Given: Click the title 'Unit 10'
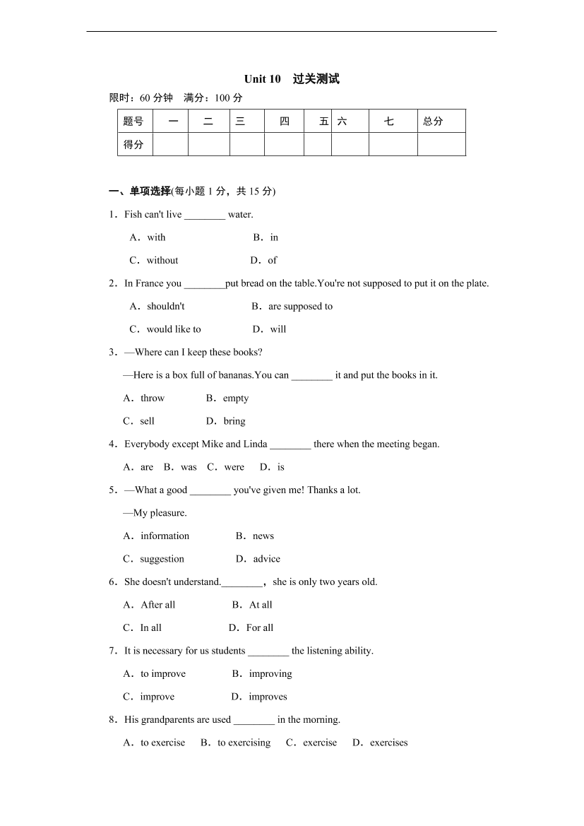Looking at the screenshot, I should point(263,79).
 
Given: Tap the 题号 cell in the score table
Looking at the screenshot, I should point(133,122).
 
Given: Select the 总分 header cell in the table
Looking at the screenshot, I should point(433,122).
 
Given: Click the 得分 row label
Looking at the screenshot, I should point(133,144).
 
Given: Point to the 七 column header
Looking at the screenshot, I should point(389,122).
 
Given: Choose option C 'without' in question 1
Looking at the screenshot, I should point(162,260).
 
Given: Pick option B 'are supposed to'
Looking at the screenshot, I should point(300,306).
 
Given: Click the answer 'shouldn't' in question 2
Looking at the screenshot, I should point(165,306).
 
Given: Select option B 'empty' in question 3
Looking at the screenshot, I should point(235,398).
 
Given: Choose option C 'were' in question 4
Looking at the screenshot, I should point(234,467).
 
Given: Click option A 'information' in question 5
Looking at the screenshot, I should point(165,536).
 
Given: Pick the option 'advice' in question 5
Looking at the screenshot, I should point(266,559).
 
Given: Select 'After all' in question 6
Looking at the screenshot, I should point(157,605).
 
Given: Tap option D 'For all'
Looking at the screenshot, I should point(259,627).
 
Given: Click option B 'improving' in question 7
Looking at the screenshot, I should point(270,673).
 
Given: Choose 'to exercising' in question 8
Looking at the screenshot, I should point(244,743).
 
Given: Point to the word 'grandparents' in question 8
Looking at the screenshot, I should point(167,719).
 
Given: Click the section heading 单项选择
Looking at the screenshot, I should point(150,191).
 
